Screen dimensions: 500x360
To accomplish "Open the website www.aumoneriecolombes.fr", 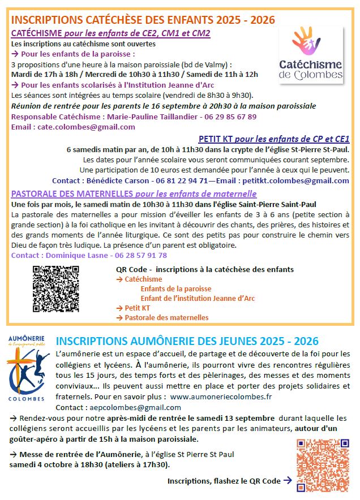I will (221, 396).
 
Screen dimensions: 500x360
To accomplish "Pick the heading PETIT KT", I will (218, 139).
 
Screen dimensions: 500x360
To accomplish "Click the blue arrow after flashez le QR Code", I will (287, 480).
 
